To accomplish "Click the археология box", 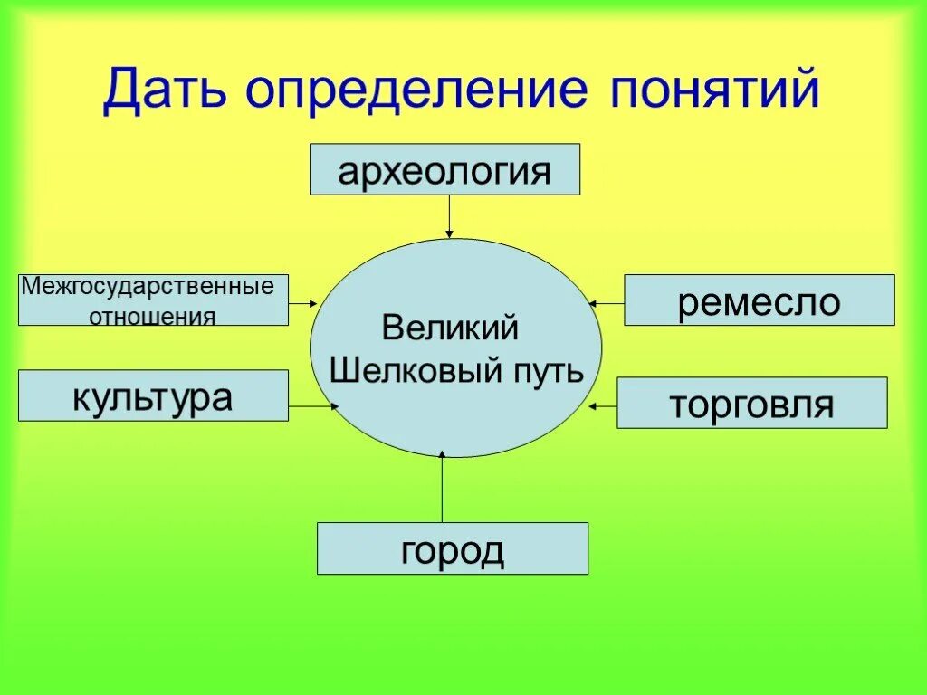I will (444, 169).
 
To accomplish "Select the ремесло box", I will (759, 300).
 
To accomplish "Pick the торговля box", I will (751, 403).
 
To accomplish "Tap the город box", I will (452, 548).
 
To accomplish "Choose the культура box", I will (153, 395).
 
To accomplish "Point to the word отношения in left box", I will (152, 317).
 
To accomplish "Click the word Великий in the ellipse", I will (450, 327).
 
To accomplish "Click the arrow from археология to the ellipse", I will (448, 216).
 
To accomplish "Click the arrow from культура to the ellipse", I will (313, 406).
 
